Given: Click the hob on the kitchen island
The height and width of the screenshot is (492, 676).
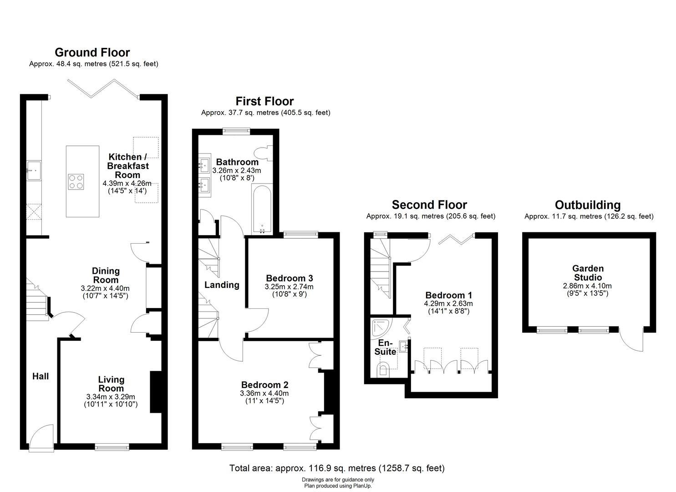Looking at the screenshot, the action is coord(76,182).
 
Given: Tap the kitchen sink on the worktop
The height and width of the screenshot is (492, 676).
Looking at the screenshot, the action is coord(34,171).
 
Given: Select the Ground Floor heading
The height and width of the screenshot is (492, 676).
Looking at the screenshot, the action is coord(92,52).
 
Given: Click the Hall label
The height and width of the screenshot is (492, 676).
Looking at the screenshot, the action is coord(41,376).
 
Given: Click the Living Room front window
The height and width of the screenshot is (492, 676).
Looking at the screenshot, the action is coord(112,447).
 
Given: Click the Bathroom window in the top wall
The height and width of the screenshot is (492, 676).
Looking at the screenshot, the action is coord(236,131).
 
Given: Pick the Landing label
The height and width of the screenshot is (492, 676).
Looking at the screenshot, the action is coord(222,285).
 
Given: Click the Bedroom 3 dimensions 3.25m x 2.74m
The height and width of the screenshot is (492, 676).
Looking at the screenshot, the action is coord(289,287).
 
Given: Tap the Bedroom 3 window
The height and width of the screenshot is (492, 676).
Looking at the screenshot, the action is coord(301,234).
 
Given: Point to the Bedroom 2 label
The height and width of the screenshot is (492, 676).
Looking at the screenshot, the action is coord(264,385).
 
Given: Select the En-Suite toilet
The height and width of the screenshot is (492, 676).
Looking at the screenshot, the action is coord(383,370).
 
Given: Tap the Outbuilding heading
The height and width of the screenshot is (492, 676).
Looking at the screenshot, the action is coord(588,205).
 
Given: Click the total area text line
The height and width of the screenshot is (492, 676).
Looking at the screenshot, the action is coord(337,468).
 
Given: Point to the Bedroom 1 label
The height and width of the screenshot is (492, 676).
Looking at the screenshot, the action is coord(449,295).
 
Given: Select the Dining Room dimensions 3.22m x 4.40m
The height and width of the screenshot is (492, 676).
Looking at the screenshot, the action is coord(105,288).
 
